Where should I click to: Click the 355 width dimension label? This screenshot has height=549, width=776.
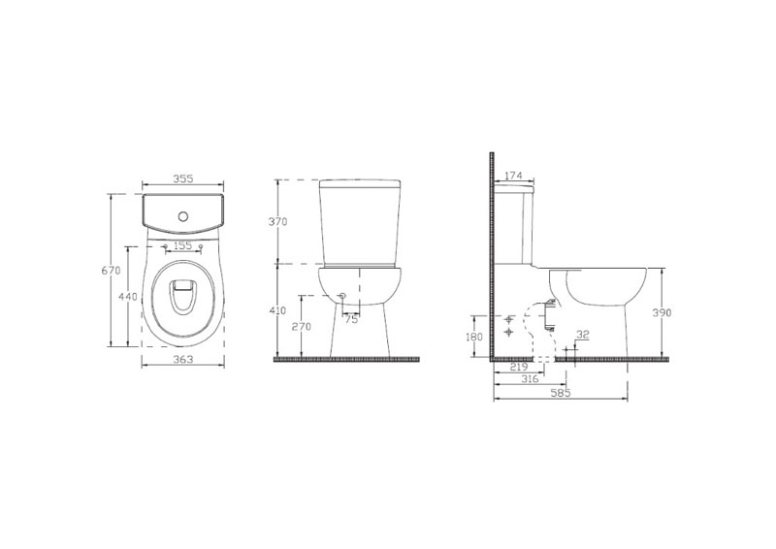pos(183,178)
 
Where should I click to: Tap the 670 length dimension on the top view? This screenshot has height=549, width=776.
pos(111,271)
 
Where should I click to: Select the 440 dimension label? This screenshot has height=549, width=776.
pos(128,297)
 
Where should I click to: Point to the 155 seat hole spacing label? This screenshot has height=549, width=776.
pos(183,245)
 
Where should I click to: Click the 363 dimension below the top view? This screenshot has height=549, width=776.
pos(183,360)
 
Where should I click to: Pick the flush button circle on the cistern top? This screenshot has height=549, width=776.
pos(183,216)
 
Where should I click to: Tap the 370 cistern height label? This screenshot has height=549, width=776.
pos(277,222)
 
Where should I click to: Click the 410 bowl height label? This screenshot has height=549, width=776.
pos(277,311)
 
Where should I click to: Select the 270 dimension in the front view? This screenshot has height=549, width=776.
pos(302,326)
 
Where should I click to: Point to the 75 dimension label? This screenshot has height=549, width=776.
pos(351,320)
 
